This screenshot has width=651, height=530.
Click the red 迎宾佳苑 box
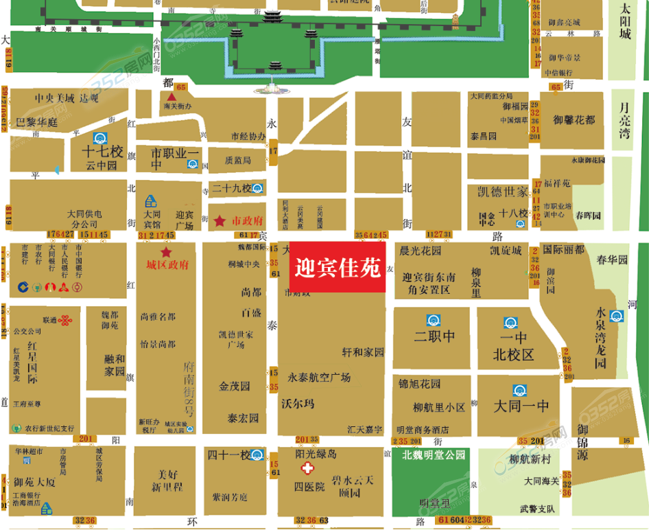(338, 267)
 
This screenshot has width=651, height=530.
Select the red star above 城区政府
(166, 253)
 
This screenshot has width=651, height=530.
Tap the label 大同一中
(521, 406)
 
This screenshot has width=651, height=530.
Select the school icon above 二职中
(434, 320)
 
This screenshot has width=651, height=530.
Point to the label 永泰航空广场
(319, 378)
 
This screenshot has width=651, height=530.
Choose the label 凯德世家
(503, 190)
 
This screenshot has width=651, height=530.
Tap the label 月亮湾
(624, 120)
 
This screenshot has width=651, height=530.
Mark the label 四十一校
(229, 454)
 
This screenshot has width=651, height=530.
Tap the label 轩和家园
(363, 352)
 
